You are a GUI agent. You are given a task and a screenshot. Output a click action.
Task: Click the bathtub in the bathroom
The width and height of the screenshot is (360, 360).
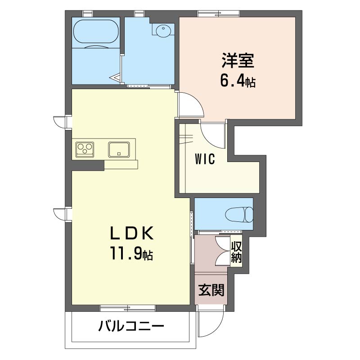[96, 31]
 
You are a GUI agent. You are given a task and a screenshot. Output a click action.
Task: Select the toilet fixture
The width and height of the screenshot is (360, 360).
[239, 215]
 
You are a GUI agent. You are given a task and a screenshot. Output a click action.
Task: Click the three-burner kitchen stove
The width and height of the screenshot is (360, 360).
[85, 149]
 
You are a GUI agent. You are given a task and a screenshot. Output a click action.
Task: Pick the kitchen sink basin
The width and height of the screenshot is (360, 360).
[119, 149]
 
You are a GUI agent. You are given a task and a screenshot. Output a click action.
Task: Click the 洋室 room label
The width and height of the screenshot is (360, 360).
[238, 61]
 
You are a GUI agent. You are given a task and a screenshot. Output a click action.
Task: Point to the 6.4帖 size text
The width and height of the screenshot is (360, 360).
[238, 81]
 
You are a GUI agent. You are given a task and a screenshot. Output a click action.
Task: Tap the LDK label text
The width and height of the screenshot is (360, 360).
[132, 233]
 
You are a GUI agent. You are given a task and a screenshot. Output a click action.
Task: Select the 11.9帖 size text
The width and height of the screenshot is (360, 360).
[132, 253]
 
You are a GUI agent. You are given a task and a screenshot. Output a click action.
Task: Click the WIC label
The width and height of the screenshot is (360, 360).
[205, 159]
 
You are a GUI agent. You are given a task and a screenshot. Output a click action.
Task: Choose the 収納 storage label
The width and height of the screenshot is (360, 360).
[236, 252]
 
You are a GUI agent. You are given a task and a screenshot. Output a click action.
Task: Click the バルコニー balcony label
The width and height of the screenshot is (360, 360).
[131, 326]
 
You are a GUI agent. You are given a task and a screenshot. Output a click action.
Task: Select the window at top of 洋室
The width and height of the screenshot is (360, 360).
[219, 13]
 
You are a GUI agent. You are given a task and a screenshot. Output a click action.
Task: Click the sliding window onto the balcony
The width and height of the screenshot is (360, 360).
[128, 308]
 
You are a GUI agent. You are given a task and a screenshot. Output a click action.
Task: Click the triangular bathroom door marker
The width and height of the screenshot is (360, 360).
[116, 77]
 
